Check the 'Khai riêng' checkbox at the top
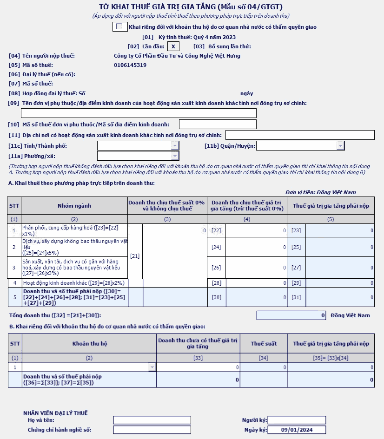tap(119, 27)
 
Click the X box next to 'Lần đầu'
tap(173, 46)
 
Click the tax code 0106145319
tap(130, 65)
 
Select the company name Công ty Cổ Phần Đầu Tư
tap(177, 56)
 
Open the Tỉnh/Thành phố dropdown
tap(175, 146)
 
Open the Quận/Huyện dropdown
tap(340, 146)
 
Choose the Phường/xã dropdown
tap(175, 156)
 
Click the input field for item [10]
tap(218, 124)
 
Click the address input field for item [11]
tap(300, 135)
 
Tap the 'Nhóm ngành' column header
tap(74, 205)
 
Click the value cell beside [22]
tap(256, 230)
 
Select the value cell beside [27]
tap(340, 268)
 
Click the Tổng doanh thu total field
tap(291, 315)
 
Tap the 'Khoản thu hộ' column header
tap(89, 344)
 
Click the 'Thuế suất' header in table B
tap(264, 344)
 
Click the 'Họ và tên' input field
tap(152, 420)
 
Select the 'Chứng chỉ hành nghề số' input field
tap(152, 430)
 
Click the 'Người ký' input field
tap(297, 420)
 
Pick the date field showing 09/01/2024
tap(297, 430)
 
